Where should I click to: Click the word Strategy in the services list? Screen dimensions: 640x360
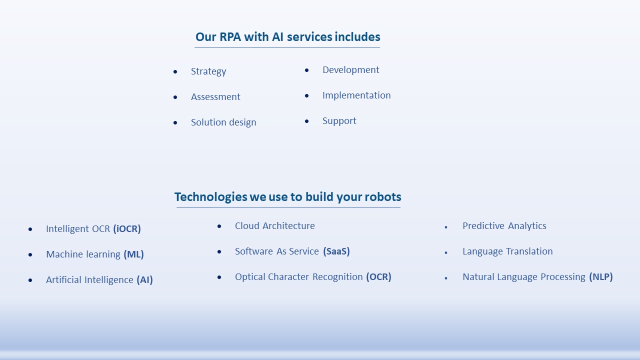[208, 71]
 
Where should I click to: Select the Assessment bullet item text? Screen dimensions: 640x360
[215, 97]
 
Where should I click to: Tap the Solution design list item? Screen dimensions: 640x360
[223, 122]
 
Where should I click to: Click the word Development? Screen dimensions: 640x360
[351, 70]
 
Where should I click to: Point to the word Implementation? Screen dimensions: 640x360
[356, 95]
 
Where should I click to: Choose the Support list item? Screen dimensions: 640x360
[339, 121]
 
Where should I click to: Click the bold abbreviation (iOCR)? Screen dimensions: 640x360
[127, 229]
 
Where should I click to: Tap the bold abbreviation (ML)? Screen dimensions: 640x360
[133, 254]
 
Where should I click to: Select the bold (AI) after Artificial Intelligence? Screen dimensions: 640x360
[144, 279]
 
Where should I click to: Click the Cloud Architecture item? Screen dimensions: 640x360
[275, 226]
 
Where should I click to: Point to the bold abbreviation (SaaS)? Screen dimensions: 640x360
[336, 251]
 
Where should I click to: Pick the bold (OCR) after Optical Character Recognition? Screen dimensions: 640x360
[378, 277]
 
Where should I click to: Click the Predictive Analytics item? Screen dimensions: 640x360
[504, 226]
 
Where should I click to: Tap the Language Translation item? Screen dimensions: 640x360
[507, 251]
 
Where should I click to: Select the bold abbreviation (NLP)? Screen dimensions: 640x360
[601, 277]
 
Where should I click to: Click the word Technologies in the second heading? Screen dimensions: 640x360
[211, 197]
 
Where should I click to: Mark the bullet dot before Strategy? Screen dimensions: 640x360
[175, 71]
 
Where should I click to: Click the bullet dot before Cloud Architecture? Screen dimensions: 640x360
[219, 226]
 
